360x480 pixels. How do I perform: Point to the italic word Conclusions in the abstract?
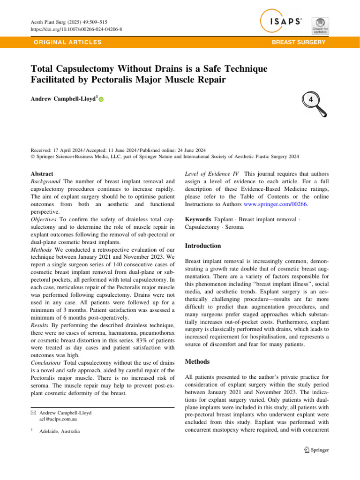pos(46,349)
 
